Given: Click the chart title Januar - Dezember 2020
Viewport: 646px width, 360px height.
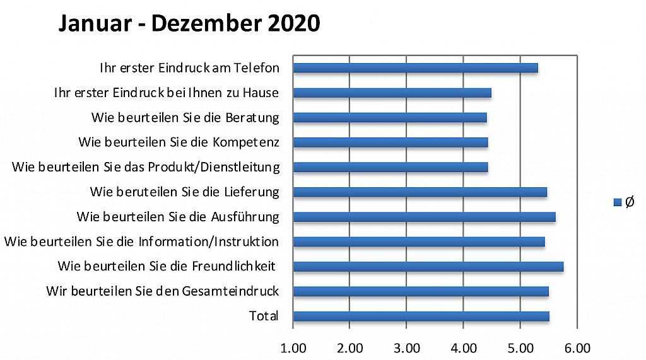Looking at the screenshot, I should [x=189, y=23].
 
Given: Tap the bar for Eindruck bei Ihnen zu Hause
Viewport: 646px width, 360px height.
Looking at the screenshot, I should [x=392, y=93].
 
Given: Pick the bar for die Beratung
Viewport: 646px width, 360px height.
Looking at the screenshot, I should [x=390, y=118].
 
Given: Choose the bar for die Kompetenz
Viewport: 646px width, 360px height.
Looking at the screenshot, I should [x=391, y=142].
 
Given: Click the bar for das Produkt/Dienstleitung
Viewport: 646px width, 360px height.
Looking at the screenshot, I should [x=391, y=167].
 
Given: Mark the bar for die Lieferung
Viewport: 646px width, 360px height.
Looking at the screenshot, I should [x=420, y=192].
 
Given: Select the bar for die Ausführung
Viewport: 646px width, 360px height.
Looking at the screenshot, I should [x=424, y=217].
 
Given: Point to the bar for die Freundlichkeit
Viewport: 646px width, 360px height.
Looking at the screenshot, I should [x=428, y=267].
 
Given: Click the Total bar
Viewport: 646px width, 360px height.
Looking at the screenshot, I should [x=421, y=316].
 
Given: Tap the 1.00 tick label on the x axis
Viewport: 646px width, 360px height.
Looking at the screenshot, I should [x=293, y=348].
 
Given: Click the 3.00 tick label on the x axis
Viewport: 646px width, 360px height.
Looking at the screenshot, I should [x=406, y=348].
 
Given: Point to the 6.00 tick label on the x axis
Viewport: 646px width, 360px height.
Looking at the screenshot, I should [x=577, y=348].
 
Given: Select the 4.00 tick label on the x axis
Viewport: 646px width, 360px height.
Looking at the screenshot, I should [x=463, y=348].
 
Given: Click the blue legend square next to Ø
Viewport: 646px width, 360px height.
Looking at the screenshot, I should [x=618, y=202].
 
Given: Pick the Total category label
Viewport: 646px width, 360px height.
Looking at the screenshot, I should [x=264, y=316].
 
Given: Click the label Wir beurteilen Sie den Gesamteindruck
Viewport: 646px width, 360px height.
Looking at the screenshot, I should [x=162, y=291].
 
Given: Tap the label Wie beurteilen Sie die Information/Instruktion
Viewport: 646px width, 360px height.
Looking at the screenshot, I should [x=141, y=241].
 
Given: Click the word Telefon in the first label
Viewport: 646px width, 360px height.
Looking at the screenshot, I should [x=257, y=68].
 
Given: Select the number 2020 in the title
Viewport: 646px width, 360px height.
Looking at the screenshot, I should [x=293, y=23].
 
